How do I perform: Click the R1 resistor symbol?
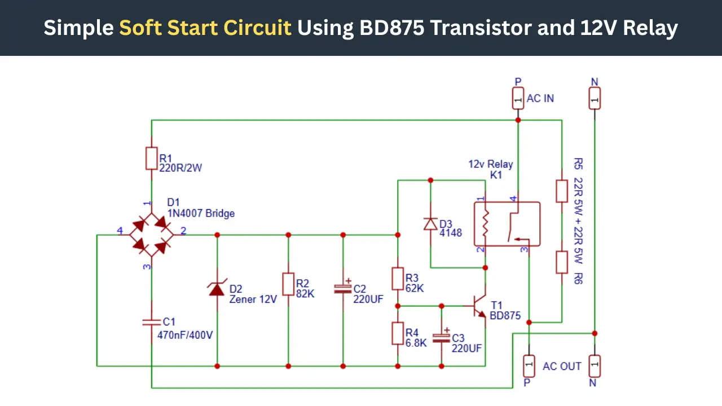pyautogui.click(x=152, y=158)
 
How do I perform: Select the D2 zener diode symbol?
pyautogui.click(x=217, y=288)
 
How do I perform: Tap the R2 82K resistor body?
pyautogui.click(x=288, y=284)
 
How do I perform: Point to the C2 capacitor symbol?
pyautogui.click(x=342, y=289)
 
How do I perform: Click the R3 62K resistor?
pyautogui.click(x=398, y=279)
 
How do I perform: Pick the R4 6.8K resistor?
pyautogui.click(x=398, y=333)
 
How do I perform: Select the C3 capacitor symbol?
pyautogui.click(x=441, y=337)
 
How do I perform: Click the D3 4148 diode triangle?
pyautogui.click(x=430, y=224)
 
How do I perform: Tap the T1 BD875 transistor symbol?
pyautogui.click(x=479, y=306)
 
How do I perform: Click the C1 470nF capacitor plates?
pyautogui.click(x=152, y=322)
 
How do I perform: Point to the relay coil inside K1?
pyautogui.click(x=486, y=224)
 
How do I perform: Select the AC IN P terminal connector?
pyautogui.click(x=518, y=99)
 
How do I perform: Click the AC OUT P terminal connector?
pyautogui.click(x=529, y=366)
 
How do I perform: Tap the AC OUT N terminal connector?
pyautogui.click(x=595, y=366)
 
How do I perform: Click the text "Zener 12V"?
pyautogui.click(x=253, y=299)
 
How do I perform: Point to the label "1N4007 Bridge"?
pyautogui.click(x=201, y=213)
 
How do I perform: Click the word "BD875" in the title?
pyautogui.click(x=391, y=28)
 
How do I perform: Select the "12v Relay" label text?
pyautogui.click(x=491, y=164)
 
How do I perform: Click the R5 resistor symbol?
pyautogui.click(x=562, y=191)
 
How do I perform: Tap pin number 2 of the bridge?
pyautogui.click(x=183, y=231)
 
